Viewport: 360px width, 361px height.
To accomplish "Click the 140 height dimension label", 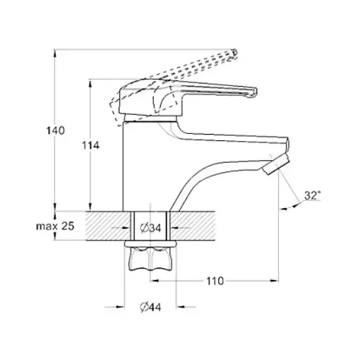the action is point(55,130).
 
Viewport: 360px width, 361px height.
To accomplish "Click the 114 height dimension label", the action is point(90,146).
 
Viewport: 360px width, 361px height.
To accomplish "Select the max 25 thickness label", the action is point(55,226).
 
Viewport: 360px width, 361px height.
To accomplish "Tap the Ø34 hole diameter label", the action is point(150,228).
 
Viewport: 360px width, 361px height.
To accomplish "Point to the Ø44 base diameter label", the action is point(150,307).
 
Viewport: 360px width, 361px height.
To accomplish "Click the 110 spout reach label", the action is point(215,281).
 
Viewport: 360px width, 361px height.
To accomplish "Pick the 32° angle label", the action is point(313,195).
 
